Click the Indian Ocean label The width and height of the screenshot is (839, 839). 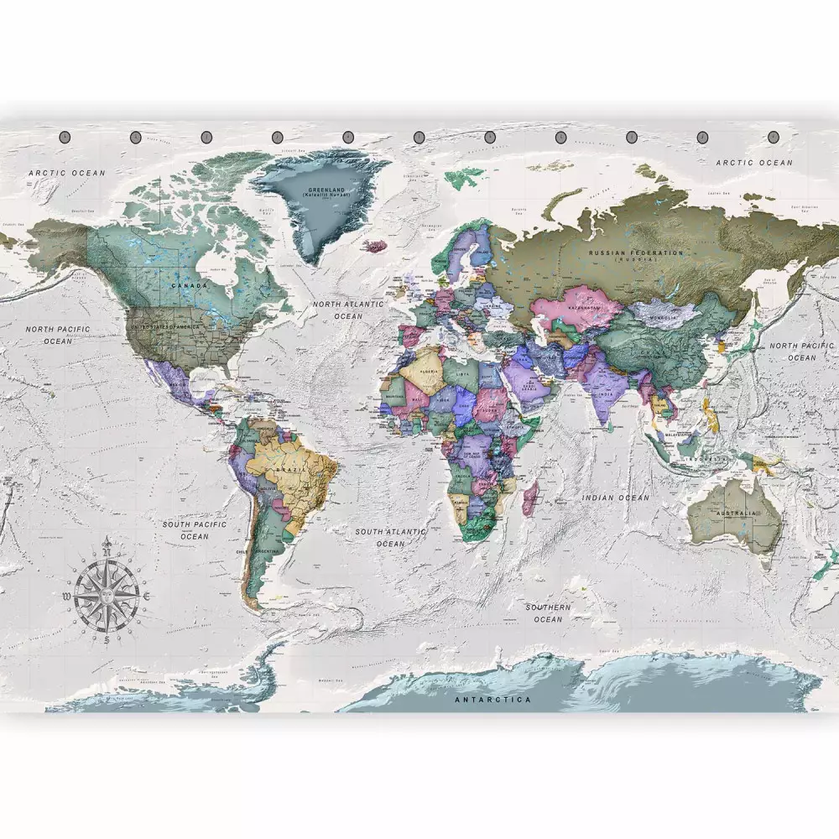coord(617,498)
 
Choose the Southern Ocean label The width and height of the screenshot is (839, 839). coord(548,612)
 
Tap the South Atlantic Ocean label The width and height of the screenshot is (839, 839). coord(390,537)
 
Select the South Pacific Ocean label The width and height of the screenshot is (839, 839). coord(195,529)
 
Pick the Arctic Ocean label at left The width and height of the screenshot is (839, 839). coord(67,173)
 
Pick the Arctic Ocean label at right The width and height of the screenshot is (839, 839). coord(753,163)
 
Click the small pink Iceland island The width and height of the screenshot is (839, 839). coord(375,246)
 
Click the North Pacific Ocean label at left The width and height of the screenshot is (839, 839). coord(58,335)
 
